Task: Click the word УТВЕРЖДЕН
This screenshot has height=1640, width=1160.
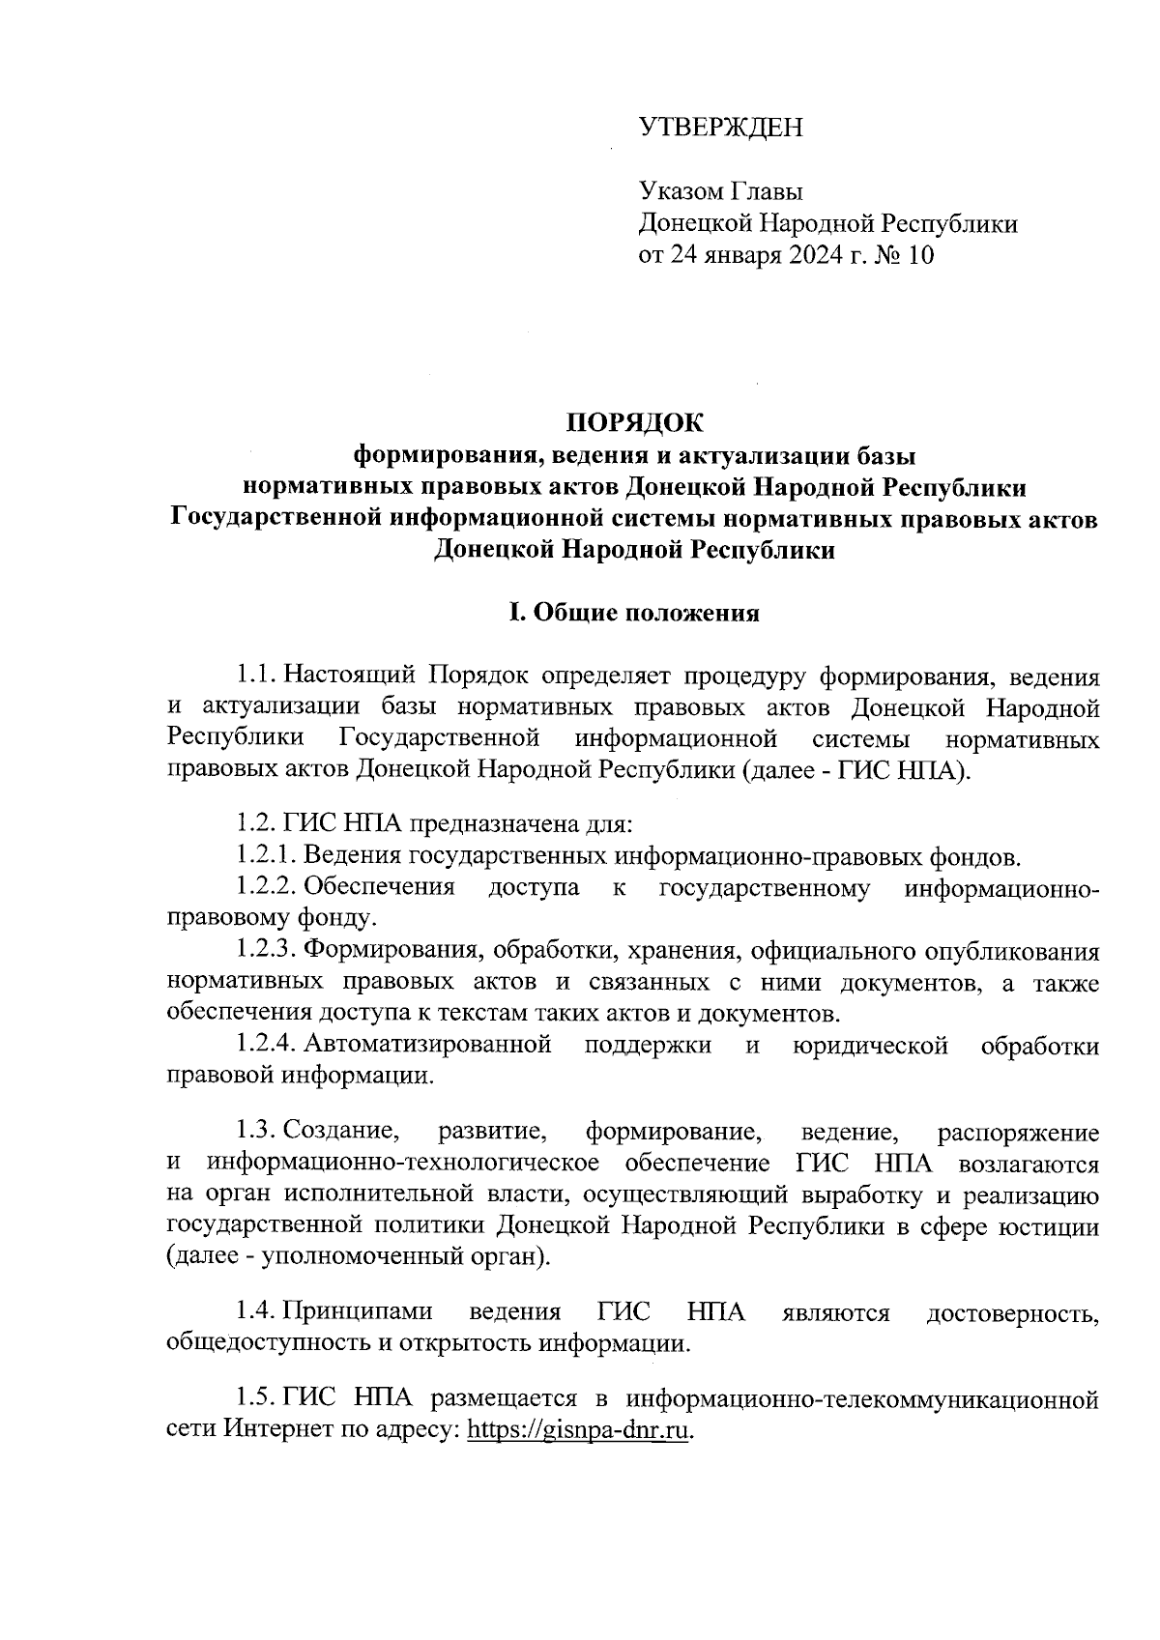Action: coord(720,128)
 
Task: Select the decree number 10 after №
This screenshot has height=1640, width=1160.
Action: coord(920,255)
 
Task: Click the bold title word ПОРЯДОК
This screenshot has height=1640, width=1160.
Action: coord(635,422)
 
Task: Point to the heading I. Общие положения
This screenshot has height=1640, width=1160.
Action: coord(634,613)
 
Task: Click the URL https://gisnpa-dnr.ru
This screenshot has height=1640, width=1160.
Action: coord(580,1429)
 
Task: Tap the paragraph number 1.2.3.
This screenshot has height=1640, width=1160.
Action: coord(265,951)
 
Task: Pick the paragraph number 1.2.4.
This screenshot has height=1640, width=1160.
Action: coord(265,1045)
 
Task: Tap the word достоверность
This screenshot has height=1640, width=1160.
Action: coord(1012,1312)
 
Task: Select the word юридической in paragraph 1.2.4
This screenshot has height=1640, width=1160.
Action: coord(869,1045)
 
